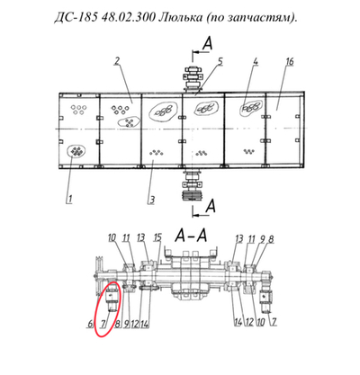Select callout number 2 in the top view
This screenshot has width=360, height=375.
(x=117, y=61)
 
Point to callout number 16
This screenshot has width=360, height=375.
(x=289, y=61)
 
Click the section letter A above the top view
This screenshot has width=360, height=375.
(x=209, y=40)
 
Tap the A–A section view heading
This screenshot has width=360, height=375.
(x=193, y=235)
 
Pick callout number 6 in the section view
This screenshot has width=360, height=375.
(x=89, y=322)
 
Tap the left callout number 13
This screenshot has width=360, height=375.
(x=141, y=237)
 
